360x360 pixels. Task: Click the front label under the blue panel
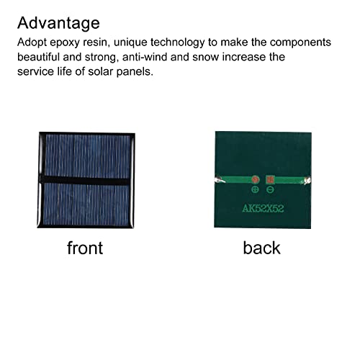click(85, 248)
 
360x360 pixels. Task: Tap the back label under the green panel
click(262, 248)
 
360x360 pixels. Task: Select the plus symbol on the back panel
click(255, 190)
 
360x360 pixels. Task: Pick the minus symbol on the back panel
click(270, 190)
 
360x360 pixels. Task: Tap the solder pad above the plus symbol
click(254, 179)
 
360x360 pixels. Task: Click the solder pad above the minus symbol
click(270, 179)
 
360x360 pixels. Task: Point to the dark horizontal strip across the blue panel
click(85, 178)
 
